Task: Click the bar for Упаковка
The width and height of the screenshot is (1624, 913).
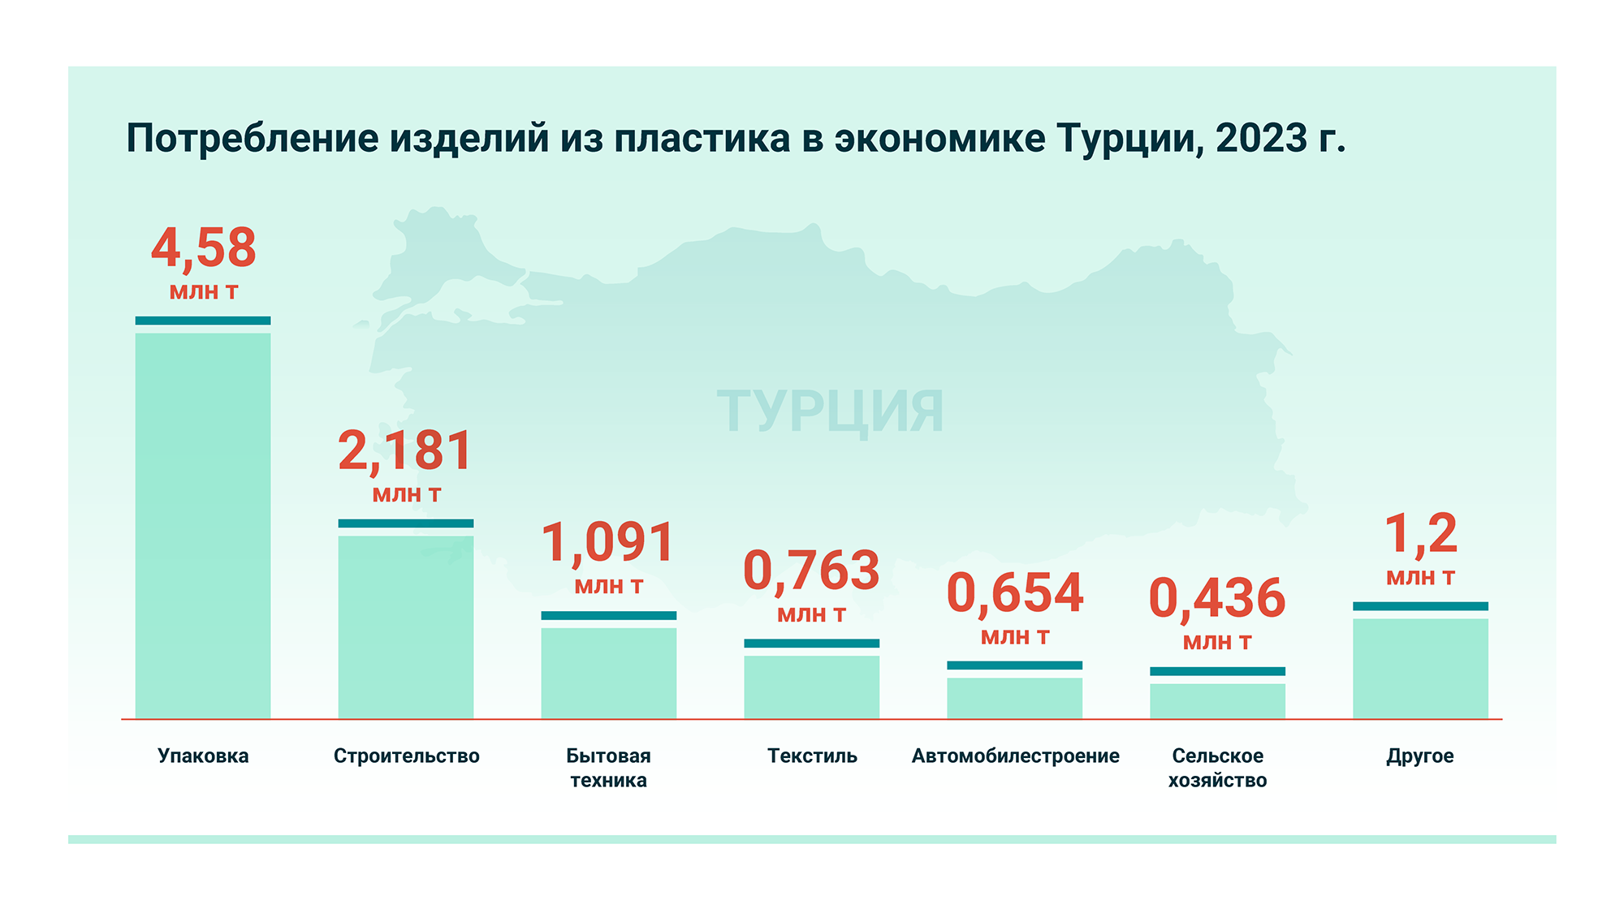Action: (203, 525)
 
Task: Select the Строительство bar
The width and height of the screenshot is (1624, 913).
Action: (406, 627)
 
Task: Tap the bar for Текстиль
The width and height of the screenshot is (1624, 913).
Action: (812, 687)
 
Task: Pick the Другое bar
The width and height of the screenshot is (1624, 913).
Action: (1420, 668)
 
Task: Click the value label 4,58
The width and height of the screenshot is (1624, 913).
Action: (204, 248)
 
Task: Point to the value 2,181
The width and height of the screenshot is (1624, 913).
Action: (405, 451)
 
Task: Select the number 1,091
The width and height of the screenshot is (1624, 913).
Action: (608, 543)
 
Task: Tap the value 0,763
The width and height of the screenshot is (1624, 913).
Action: (812, 571)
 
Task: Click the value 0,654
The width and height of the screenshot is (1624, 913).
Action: (1015, 593)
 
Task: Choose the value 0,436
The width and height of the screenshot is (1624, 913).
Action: (1217, 599)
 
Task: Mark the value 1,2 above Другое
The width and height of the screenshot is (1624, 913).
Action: (1420, 535)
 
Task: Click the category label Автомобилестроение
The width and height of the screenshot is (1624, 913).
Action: (1015, 756)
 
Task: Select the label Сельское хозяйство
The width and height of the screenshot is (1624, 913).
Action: (1217, 768)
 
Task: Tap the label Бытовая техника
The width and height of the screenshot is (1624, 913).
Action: (608, 768)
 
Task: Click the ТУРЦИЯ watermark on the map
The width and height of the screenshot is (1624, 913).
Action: (830, 411)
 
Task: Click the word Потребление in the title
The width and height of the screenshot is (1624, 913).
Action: (253, 139)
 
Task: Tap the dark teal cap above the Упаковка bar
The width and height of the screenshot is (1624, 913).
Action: (203, 321)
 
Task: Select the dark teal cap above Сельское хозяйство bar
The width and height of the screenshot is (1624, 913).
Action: (1217, 671)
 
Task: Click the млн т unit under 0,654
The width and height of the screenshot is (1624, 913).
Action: (1015, 638)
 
